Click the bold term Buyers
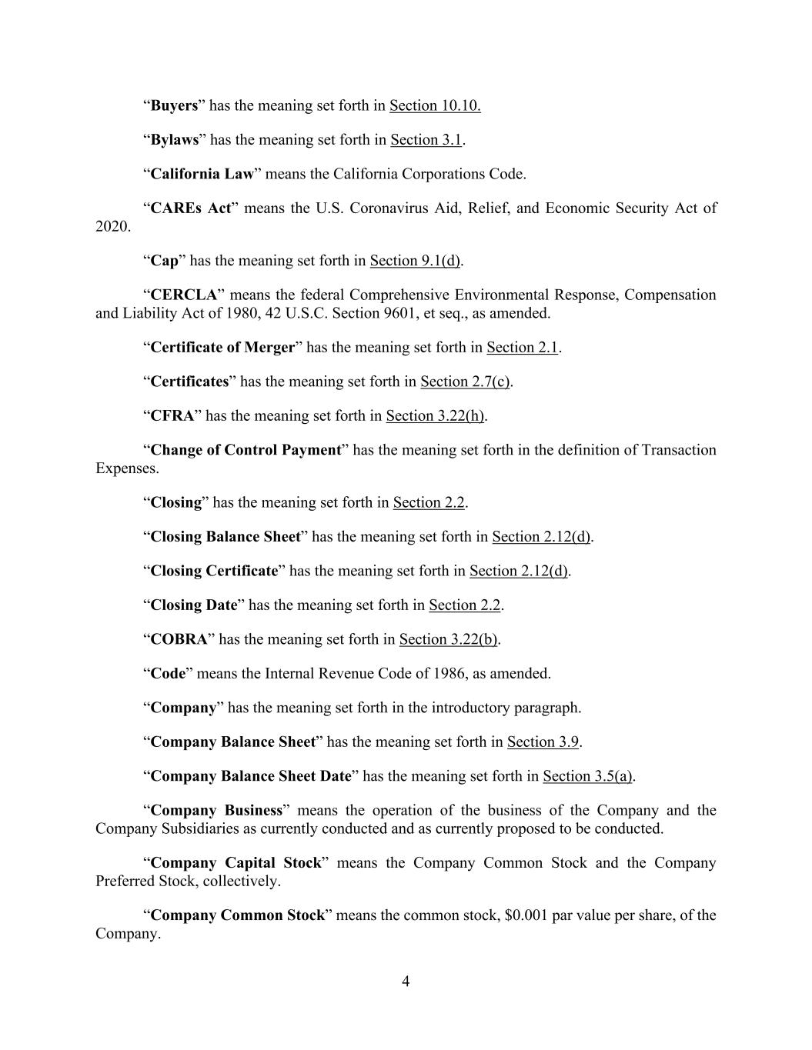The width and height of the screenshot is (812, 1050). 174,105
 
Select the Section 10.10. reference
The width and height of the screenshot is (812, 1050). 435,105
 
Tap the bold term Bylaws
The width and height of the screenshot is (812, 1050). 175,139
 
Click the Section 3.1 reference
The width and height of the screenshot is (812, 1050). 426,139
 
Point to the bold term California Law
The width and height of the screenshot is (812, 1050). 202,174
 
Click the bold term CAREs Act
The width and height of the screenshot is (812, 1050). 190,208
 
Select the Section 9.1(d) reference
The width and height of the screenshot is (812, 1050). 415,261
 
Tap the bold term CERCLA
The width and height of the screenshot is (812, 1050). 183,295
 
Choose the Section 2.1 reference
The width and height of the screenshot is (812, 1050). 522,348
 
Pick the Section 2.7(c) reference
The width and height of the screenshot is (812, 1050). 465,382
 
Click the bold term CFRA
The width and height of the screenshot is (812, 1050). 172,416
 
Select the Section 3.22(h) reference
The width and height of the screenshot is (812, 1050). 435,416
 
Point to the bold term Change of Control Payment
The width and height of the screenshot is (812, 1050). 246,450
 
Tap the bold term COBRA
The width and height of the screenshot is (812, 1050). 179,639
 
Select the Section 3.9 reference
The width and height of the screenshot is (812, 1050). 543,742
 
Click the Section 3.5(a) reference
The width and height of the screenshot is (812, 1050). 588,776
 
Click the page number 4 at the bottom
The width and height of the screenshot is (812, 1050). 406,982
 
